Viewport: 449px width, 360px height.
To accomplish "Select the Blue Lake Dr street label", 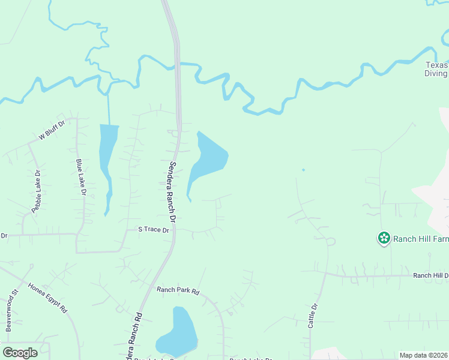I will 81,177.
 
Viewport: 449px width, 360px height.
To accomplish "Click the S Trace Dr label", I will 154,229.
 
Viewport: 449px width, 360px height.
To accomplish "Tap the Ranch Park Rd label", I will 178,290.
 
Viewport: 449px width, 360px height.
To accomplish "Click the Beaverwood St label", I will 10,311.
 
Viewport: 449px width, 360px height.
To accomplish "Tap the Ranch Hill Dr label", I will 430,275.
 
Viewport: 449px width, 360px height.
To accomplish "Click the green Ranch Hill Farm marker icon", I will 384,238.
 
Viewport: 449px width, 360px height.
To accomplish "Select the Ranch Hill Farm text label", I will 421,239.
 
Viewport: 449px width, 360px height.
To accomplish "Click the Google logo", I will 20,353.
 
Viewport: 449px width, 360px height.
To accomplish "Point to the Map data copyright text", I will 424,355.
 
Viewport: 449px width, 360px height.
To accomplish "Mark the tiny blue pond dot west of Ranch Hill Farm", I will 303,170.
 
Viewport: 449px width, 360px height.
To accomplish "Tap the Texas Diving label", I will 437,69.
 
